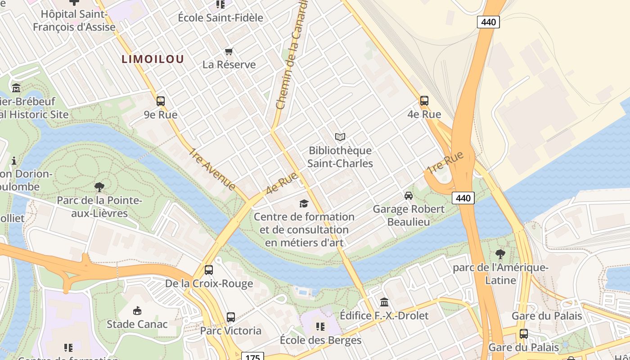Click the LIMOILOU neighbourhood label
tap(153, 59)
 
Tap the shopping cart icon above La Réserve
tap(229, 52)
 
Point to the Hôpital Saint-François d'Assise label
tap(74, 20)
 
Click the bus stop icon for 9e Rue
tap(161, 101)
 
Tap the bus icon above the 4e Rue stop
tap(424, 101)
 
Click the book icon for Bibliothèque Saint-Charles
tap(340, 137)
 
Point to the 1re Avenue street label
tap(212, 169)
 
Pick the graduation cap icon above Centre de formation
tap(304, 203)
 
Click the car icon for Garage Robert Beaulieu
tap(409, 196)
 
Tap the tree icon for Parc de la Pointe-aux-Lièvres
tap(99, 187)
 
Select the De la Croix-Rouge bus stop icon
tap(209, 270)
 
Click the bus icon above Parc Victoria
tap(231, 317)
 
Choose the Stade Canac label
tap(137, 324)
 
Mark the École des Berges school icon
tap(320, 327)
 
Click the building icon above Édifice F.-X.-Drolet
tap(384, 302)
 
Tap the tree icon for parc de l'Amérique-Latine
tap(500, 254)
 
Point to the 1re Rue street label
tap(445, 163)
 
